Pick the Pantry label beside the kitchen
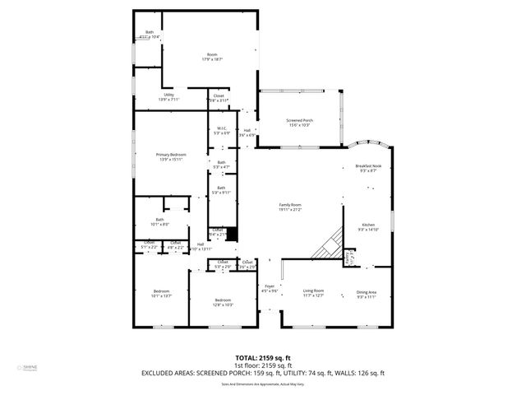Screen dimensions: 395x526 [x=349, y=258]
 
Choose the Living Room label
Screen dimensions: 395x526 [x=313, y=290]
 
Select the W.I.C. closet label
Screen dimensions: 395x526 [x=222, y=128]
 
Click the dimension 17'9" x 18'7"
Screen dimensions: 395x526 [x=213, y=60]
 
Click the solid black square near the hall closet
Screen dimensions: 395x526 [x=232, y=234]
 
